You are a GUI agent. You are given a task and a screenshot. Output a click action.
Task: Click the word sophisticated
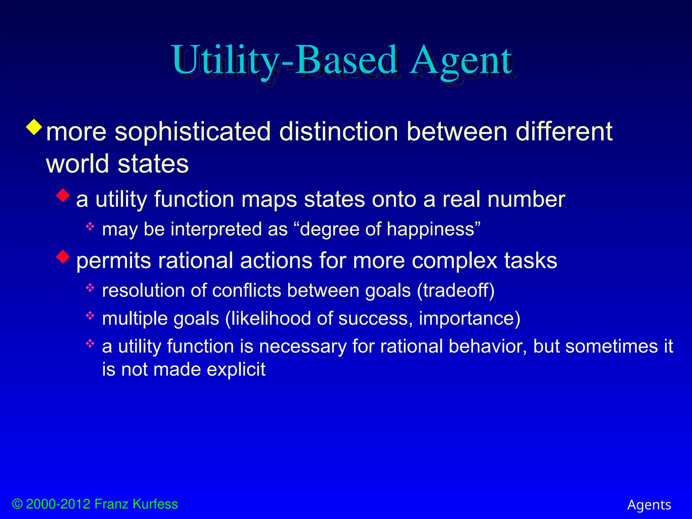coord(193,131)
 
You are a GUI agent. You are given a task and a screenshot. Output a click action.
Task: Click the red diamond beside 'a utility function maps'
coord(63,196)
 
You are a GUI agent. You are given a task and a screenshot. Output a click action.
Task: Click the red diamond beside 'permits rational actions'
coord(63,256)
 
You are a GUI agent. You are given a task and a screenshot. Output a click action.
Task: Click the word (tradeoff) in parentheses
coord(455,291)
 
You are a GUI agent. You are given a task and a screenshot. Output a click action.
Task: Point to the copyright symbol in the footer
coord(17,504)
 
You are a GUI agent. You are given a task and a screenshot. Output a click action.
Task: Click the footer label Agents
coord(649,505)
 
